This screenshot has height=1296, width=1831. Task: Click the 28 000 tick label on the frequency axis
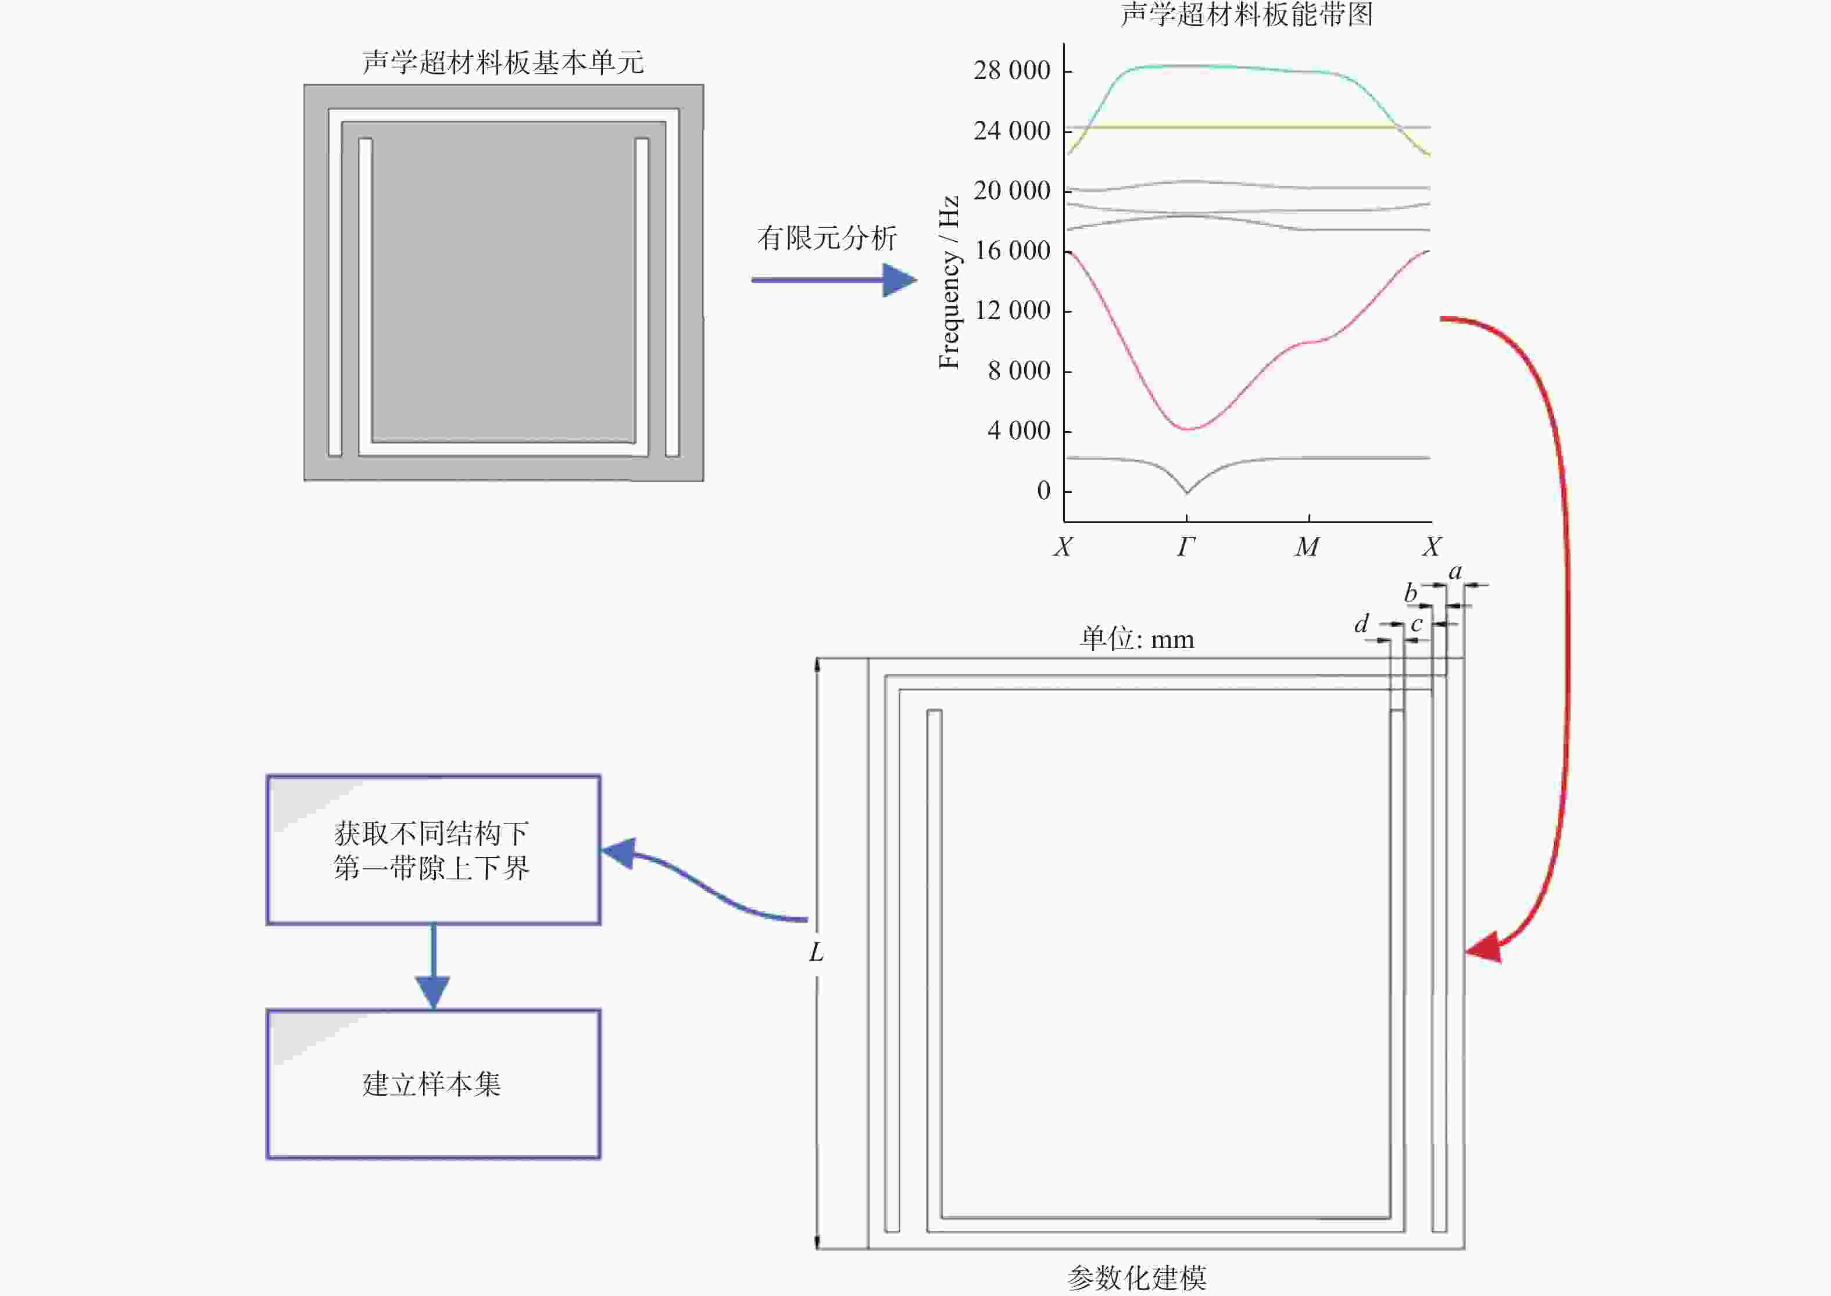(x=1011, y=71)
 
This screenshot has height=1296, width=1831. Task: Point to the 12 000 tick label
(x=1012, y=310)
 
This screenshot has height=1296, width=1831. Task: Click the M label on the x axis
(x=1307, y=547)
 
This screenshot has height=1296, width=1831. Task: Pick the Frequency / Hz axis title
(x=948, y=282)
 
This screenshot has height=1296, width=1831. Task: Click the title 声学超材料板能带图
(x=1247, y=15)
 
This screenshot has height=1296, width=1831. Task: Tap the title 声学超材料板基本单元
(x=503, y=62)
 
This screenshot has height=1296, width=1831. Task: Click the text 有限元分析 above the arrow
(x=827, y=238)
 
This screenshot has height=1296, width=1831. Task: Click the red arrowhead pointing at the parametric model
(x=1485, y=947)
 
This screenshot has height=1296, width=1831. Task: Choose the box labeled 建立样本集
(x=432, y=1084)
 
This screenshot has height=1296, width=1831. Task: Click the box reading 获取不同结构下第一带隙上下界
(x=432, y=850)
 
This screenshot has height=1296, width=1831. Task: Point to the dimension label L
(x=816, y=952)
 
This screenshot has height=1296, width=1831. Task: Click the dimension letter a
(x=1455, y=571)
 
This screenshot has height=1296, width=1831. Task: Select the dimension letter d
(x=1361, y=623)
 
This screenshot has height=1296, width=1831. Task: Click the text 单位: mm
(x=1136, y=639)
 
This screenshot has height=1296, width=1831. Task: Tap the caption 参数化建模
(x=1136, y=1277)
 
